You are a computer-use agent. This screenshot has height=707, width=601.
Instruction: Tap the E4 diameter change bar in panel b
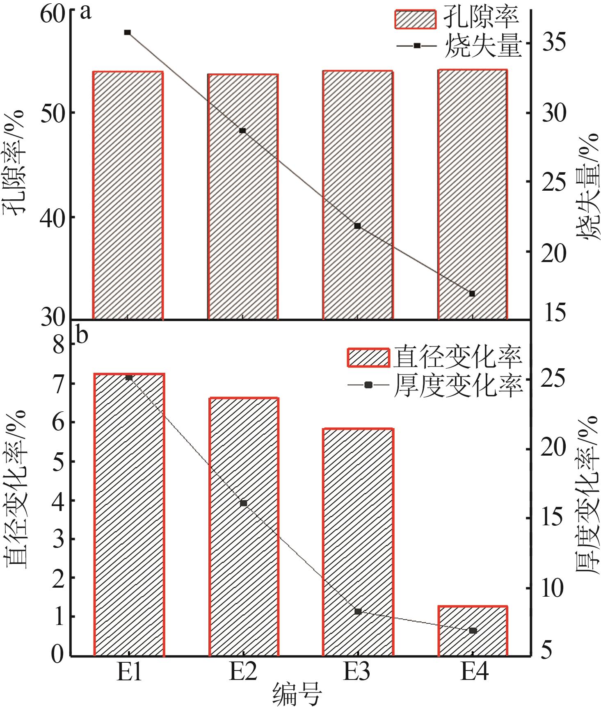tap(473, 632)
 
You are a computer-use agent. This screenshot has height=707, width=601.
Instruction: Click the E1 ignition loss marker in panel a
tap(128, 32)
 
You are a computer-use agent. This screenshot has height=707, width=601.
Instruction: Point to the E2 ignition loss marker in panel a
tap(242, 131)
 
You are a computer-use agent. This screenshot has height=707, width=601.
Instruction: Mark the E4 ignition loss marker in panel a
tap(472, 294)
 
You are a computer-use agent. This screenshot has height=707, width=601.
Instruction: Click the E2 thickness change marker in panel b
tap(244, 503)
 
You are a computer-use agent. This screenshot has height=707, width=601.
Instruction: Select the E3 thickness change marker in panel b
tap(358, 611)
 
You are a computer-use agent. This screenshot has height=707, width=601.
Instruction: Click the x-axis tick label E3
tap(357, 671)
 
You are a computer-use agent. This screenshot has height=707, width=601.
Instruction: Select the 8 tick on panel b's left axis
tap(59, 345)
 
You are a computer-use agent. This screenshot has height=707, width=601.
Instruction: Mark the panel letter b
tap(82, 335)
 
